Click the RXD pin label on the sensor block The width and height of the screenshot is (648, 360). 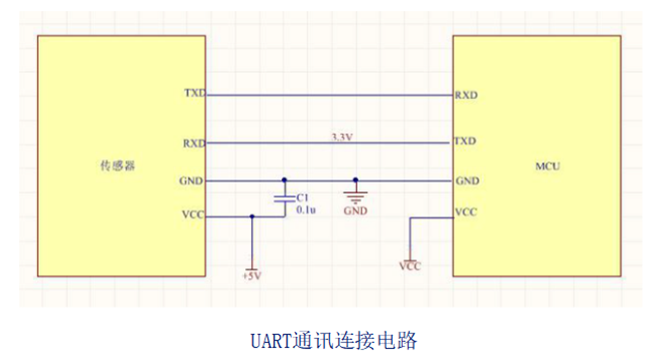[x=193, y=143]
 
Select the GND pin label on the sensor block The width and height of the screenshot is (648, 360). [x=193, y=180]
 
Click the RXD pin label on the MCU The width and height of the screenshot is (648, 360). [x=466, y=96]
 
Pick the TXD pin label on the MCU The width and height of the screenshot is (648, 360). [x=466, y=142]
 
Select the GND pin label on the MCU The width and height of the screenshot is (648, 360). [x=466, y=181]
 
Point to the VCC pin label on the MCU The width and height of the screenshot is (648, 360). [x=465, y=211]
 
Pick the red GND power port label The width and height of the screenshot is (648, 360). [x=356, y=211]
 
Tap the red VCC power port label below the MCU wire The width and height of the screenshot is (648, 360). [x=409, y=266]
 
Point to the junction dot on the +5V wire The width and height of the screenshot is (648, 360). [x=251, y=215]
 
